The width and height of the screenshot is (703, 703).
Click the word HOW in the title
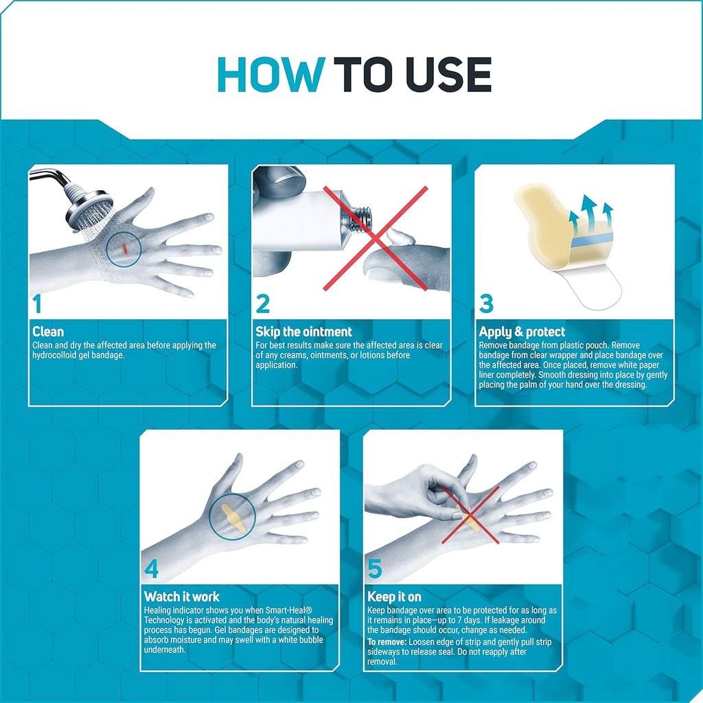pyautogui.click(x=272, y=75)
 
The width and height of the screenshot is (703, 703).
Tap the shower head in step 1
pyautogui.click(x=87, y=207)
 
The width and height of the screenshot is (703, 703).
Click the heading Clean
pyautogui.click(x=48, y=332)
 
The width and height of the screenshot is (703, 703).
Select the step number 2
pyautogui.click(x=262, y=303)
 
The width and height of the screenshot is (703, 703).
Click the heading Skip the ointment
pyautogui.click(x=303, y=332)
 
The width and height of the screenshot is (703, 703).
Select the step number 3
pyautogui.click(x=486, y=303)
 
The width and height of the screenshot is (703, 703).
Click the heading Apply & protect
pyautogui.click(x=522, y=332)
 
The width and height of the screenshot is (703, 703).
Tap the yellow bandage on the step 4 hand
pyautogui.click(x=232, y=516)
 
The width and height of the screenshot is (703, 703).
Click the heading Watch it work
pyautogui.click(x=181, y=597)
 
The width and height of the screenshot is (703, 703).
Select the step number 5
pyautogui.click(x=375, y=568)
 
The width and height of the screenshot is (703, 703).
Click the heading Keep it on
pyautogui.click(x=395, y=597)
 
